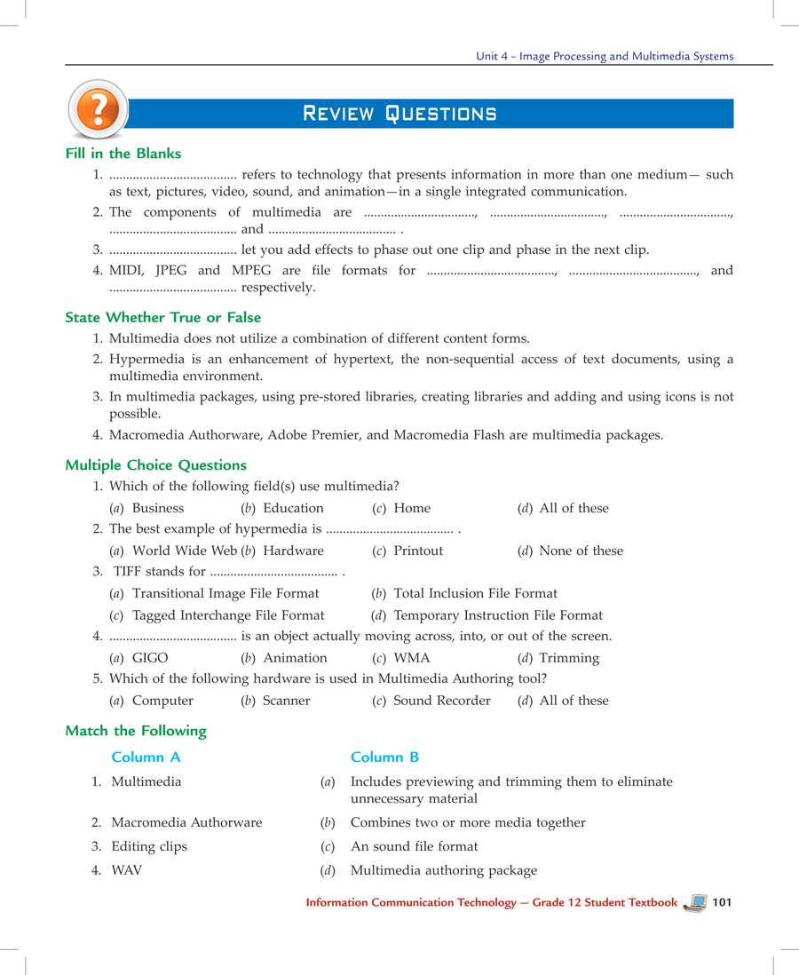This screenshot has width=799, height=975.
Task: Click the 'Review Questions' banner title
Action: (399, 114)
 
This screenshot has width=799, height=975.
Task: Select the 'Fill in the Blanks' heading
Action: (123, 154)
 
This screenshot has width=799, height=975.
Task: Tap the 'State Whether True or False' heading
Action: (162, 317)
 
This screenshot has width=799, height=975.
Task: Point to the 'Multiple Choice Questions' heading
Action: (155, 465)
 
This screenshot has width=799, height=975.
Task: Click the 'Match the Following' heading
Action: (136, 731)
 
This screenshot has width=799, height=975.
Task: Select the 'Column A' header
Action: (146, 757)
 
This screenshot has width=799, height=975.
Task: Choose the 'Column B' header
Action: (384, 757)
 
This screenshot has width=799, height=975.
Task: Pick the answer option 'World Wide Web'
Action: (185, 551)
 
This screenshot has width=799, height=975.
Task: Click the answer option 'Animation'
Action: (295, 658)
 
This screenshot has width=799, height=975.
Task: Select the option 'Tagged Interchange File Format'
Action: (228, 615)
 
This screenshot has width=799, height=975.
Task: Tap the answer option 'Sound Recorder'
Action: (441, 701)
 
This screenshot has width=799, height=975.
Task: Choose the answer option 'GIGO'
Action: (150, 658)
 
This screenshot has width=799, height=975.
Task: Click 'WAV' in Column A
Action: (126, 870)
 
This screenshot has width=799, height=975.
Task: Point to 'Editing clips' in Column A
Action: (149, 846)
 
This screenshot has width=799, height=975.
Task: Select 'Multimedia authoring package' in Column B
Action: (443, 870)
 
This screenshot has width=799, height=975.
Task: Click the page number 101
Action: (721, 902)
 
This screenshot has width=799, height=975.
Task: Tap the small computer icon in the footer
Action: (696, 902)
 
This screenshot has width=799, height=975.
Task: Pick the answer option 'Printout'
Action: (418, 551)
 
